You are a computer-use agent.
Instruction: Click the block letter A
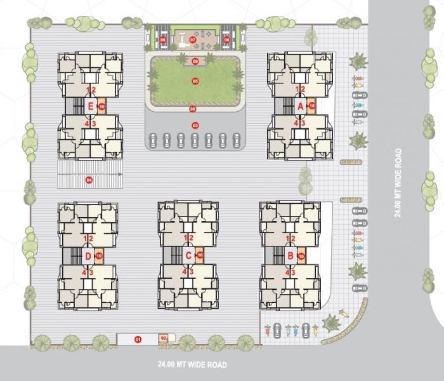[301, 107]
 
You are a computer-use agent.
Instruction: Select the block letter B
[291, 255]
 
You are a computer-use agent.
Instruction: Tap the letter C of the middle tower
[188, 255]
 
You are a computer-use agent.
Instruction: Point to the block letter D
[88, 255]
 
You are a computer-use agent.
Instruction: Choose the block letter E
[91, 106]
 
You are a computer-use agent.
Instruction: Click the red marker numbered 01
[137, 340]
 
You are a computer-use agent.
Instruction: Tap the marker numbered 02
[163, 338]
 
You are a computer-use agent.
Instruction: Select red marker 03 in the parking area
[195, 125]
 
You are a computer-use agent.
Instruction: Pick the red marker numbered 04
[89, 180]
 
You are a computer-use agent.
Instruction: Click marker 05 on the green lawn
[195, 81]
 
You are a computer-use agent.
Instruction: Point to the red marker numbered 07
[193, 39]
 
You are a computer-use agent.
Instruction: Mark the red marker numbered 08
[193, 109]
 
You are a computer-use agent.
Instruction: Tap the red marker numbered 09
[195, 61]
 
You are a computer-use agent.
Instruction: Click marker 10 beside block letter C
[200, 255]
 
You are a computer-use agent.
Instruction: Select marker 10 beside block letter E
[101, 106]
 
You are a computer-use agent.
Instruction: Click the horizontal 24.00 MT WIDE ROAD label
[192, 365]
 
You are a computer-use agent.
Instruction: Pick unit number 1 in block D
[86, 238]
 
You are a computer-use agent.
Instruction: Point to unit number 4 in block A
[296, 123]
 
